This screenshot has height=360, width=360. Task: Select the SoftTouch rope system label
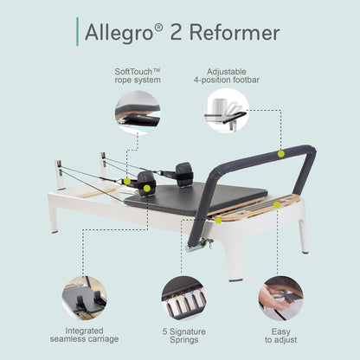(137, 77)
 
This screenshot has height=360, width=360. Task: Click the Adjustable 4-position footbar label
(227, 77)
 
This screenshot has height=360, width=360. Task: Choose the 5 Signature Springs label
(183, 335)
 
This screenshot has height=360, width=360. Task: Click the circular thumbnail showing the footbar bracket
(227, 113)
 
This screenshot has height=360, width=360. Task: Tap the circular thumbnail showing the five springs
(183, 298)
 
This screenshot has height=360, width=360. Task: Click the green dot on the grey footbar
(280, 153)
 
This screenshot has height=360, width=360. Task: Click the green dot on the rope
(127, 181)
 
